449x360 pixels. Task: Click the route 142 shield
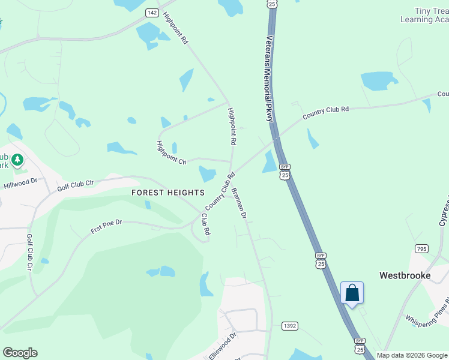[x=152, y=13]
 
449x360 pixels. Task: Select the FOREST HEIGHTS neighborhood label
[x=168, y=193]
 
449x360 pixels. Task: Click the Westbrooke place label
[x=405, y=275]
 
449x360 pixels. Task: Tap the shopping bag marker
[x=352, y=293]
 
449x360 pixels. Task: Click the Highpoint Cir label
[x=172, y=152]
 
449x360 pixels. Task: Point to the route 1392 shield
[x=289, y=326]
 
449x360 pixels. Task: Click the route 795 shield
[x=421, y=248]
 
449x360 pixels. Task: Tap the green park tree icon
[x=18, y=160]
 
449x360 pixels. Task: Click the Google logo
[x=20, y=353]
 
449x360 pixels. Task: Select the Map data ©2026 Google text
[x=412, y=355]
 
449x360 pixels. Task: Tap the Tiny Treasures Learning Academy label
[x=425, y=16]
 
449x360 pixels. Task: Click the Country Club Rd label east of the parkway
[x=325, y=112]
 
